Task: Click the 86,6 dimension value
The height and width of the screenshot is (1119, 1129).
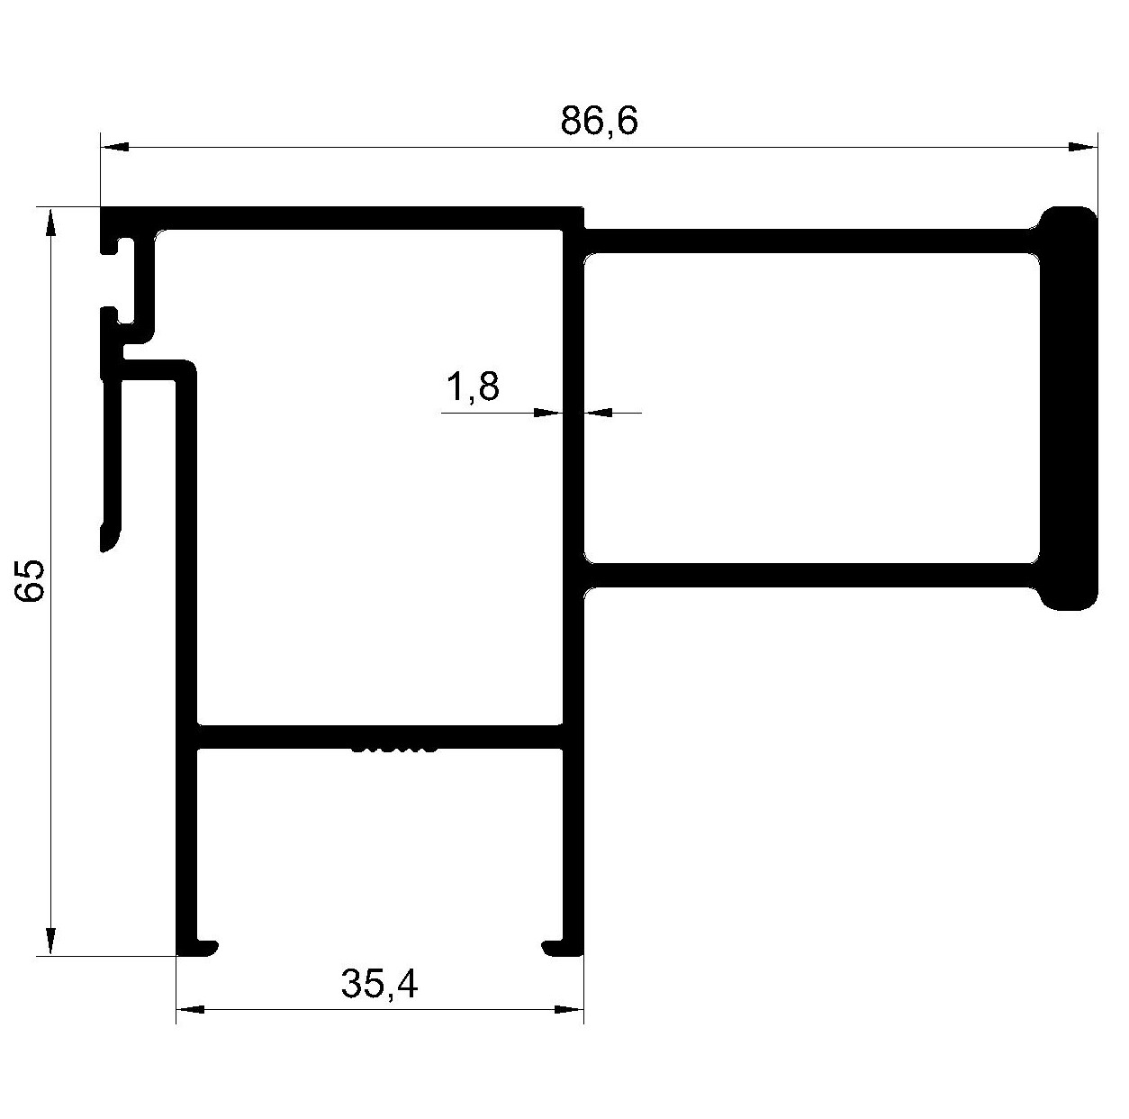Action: (x=599, y=122)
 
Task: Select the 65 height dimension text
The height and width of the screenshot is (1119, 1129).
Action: (x=30, y=580)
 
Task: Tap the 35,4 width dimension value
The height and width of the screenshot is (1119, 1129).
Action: (x=380, y=984)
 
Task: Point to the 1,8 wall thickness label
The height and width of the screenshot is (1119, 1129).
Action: (x=473, y=387)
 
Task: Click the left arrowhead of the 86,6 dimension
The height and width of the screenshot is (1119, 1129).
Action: (x=114, y=147)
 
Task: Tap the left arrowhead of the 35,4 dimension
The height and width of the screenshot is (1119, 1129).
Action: (x=190, y=1010)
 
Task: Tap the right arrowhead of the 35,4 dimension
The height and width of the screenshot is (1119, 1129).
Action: (x=570, y=1010)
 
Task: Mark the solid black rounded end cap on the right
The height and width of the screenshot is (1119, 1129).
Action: (x=1068, y=409)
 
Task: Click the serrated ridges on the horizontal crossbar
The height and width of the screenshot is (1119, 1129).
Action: (x=393, y=749)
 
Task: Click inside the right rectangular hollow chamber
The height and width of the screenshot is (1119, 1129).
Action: (x=811, y=408)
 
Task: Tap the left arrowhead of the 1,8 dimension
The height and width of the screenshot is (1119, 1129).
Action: (x=548, y=413)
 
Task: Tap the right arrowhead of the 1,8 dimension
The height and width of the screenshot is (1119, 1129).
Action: (x=598, y=413)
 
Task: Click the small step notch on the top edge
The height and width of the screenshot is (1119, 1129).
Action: (x=583, y=218)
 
